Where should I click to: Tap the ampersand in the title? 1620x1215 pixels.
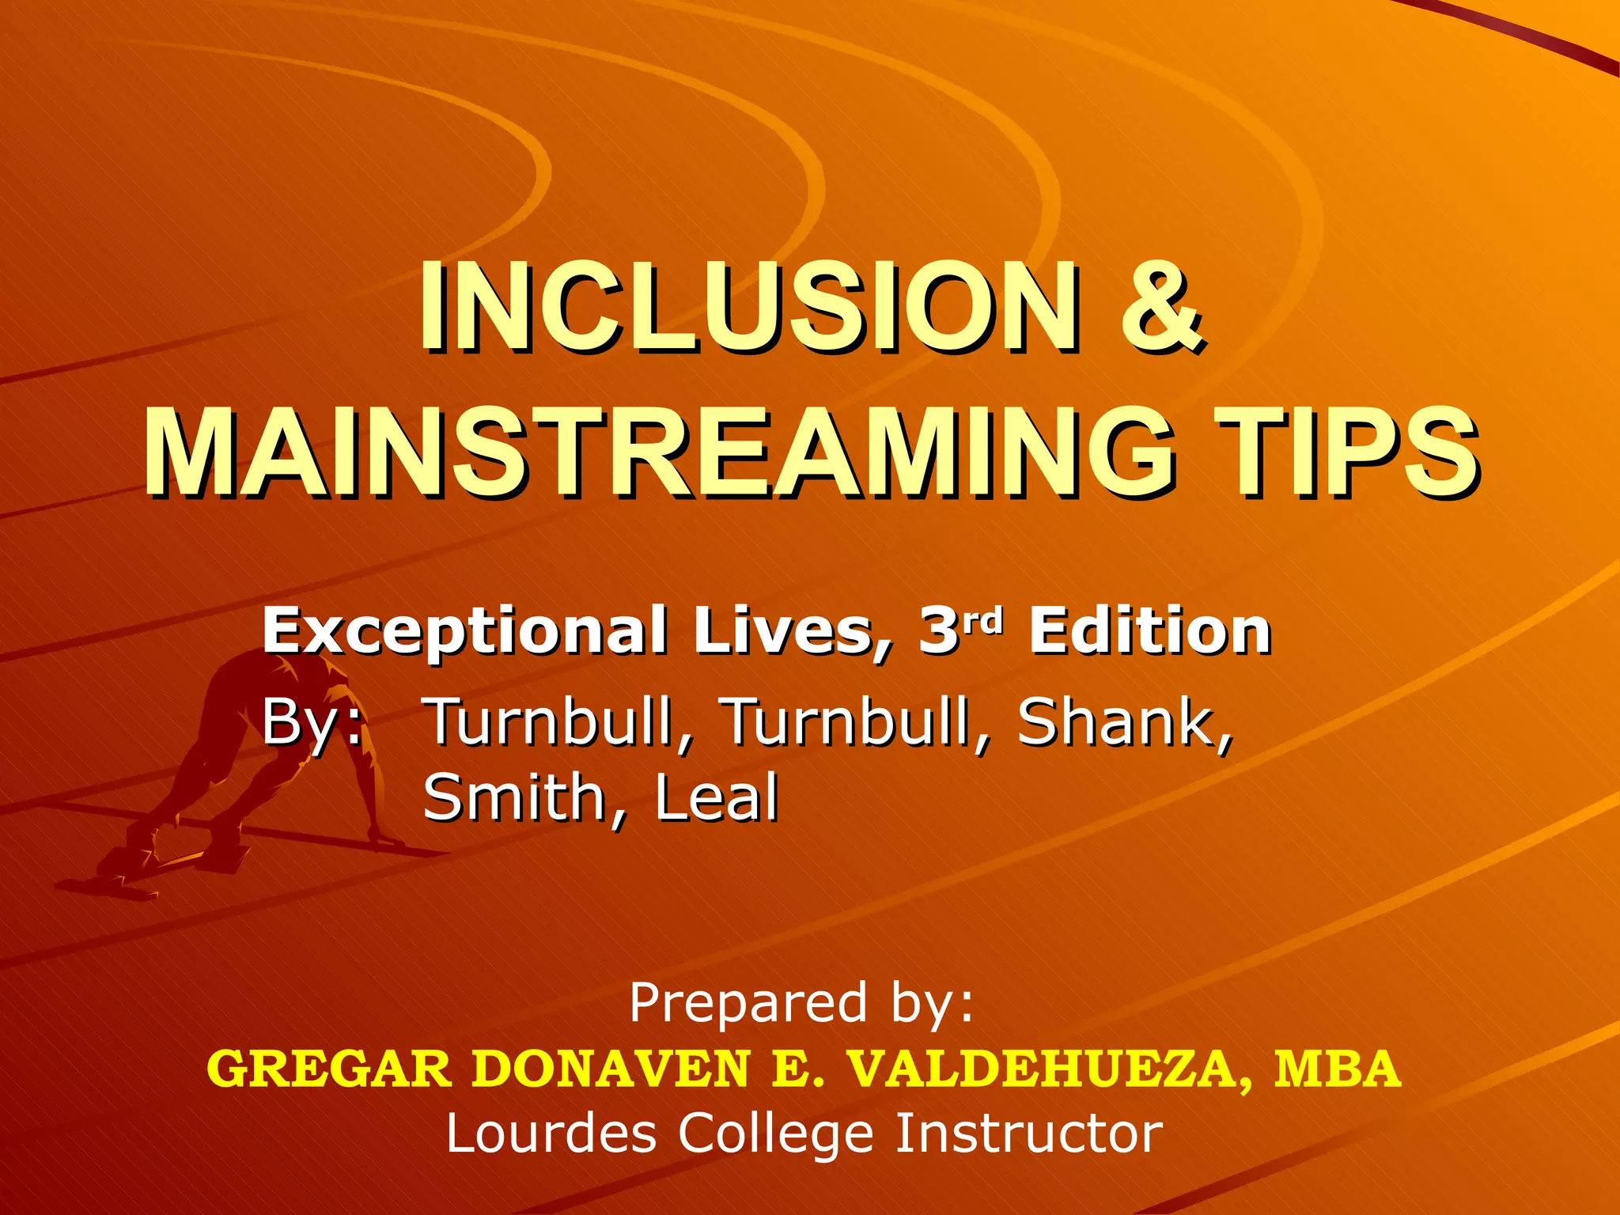1160,310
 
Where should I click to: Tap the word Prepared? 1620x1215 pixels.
748,1003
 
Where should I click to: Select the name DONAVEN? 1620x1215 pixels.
611,1069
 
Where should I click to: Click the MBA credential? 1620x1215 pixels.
1338,1069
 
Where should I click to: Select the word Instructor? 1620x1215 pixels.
1028,1133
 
